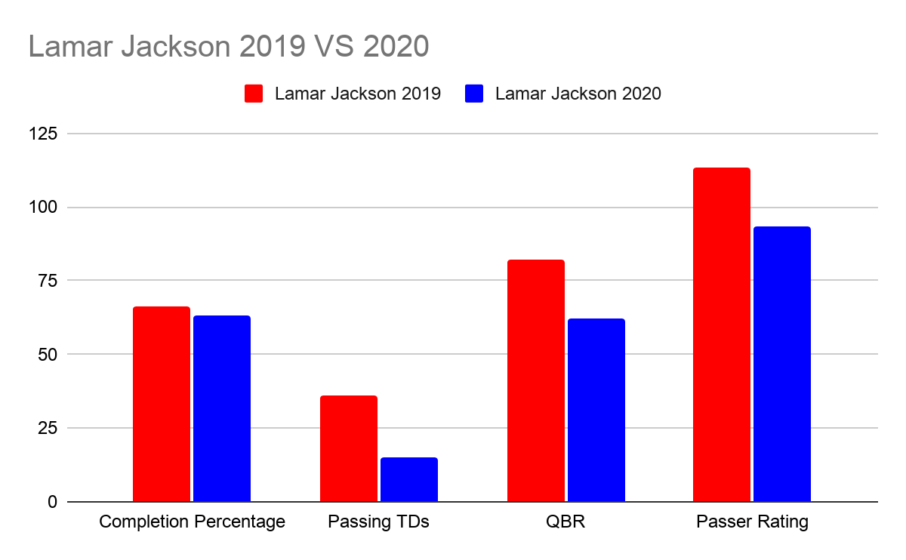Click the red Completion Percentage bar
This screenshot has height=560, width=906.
pos(161,404)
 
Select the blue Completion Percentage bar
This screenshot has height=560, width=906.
pos(221,408)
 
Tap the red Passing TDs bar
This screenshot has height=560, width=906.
pos(348,448)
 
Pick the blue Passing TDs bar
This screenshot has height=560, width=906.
pos(408,479)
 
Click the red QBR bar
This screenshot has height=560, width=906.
pos(535,380)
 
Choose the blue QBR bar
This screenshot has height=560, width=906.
pos(596,410)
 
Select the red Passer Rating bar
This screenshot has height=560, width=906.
pos(722,334)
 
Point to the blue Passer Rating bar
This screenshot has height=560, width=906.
pos(782,364)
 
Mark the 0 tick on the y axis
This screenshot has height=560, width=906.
pos(51,502)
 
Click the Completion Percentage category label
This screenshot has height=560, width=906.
pos(192,522)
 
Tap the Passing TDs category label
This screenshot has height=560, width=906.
pos(378,522)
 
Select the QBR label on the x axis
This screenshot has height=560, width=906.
pos(566,522)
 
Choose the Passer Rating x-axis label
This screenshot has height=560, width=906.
pos(752,522)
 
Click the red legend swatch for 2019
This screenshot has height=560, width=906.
pos(254,94)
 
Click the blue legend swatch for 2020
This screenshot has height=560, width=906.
pos(474,94)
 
